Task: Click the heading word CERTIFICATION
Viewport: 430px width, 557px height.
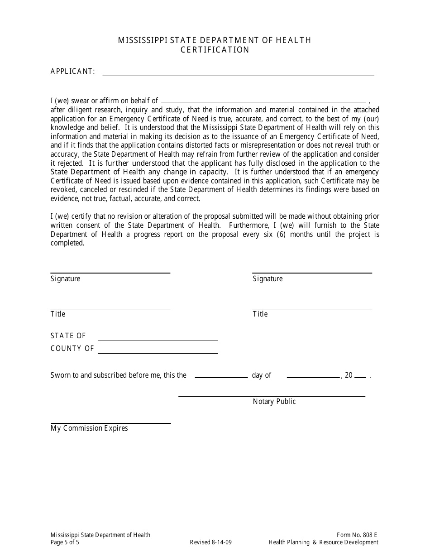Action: (215, 50)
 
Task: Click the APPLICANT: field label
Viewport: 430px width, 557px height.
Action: (73, 71)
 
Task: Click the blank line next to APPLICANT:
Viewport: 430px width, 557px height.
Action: (238, 75)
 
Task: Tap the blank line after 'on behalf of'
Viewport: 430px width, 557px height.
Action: (263, 101)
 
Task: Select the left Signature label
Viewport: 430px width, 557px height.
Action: (65, 279)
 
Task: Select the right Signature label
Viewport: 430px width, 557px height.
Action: (268, 279)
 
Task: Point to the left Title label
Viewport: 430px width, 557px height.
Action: (58, 314)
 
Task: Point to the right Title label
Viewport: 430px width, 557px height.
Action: (260, 314)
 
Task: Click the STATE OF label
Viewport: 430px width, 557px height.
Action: (68, 336)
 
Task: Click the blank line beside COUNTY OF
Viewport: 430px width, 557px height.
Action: (158, 352)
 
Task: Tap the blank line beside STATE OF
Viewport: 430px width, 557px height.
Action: (158, 340)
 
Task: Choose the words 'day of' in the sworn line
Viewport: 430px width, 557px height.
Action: (262, 375)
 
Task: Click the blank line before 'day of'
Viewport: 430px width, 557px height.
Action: (221, 377)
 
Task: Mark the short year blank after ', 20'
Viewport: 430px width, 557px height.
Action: (360, 377)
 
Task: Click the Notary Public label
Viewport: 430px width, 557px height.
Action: (274, 402)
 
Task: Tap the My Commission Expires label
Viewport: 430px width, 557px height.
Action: (89, 428)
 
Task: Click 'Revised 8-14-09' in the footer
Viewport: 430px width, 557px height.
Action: (211, 543)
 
